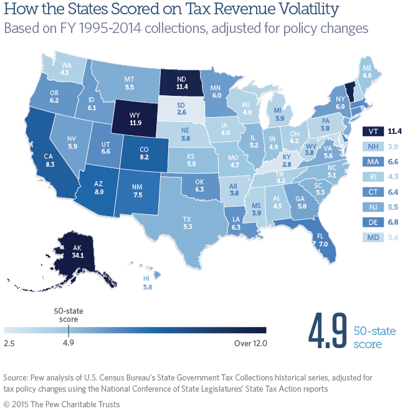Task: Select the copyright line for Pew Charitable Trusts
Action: click(x=62, y=403)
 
